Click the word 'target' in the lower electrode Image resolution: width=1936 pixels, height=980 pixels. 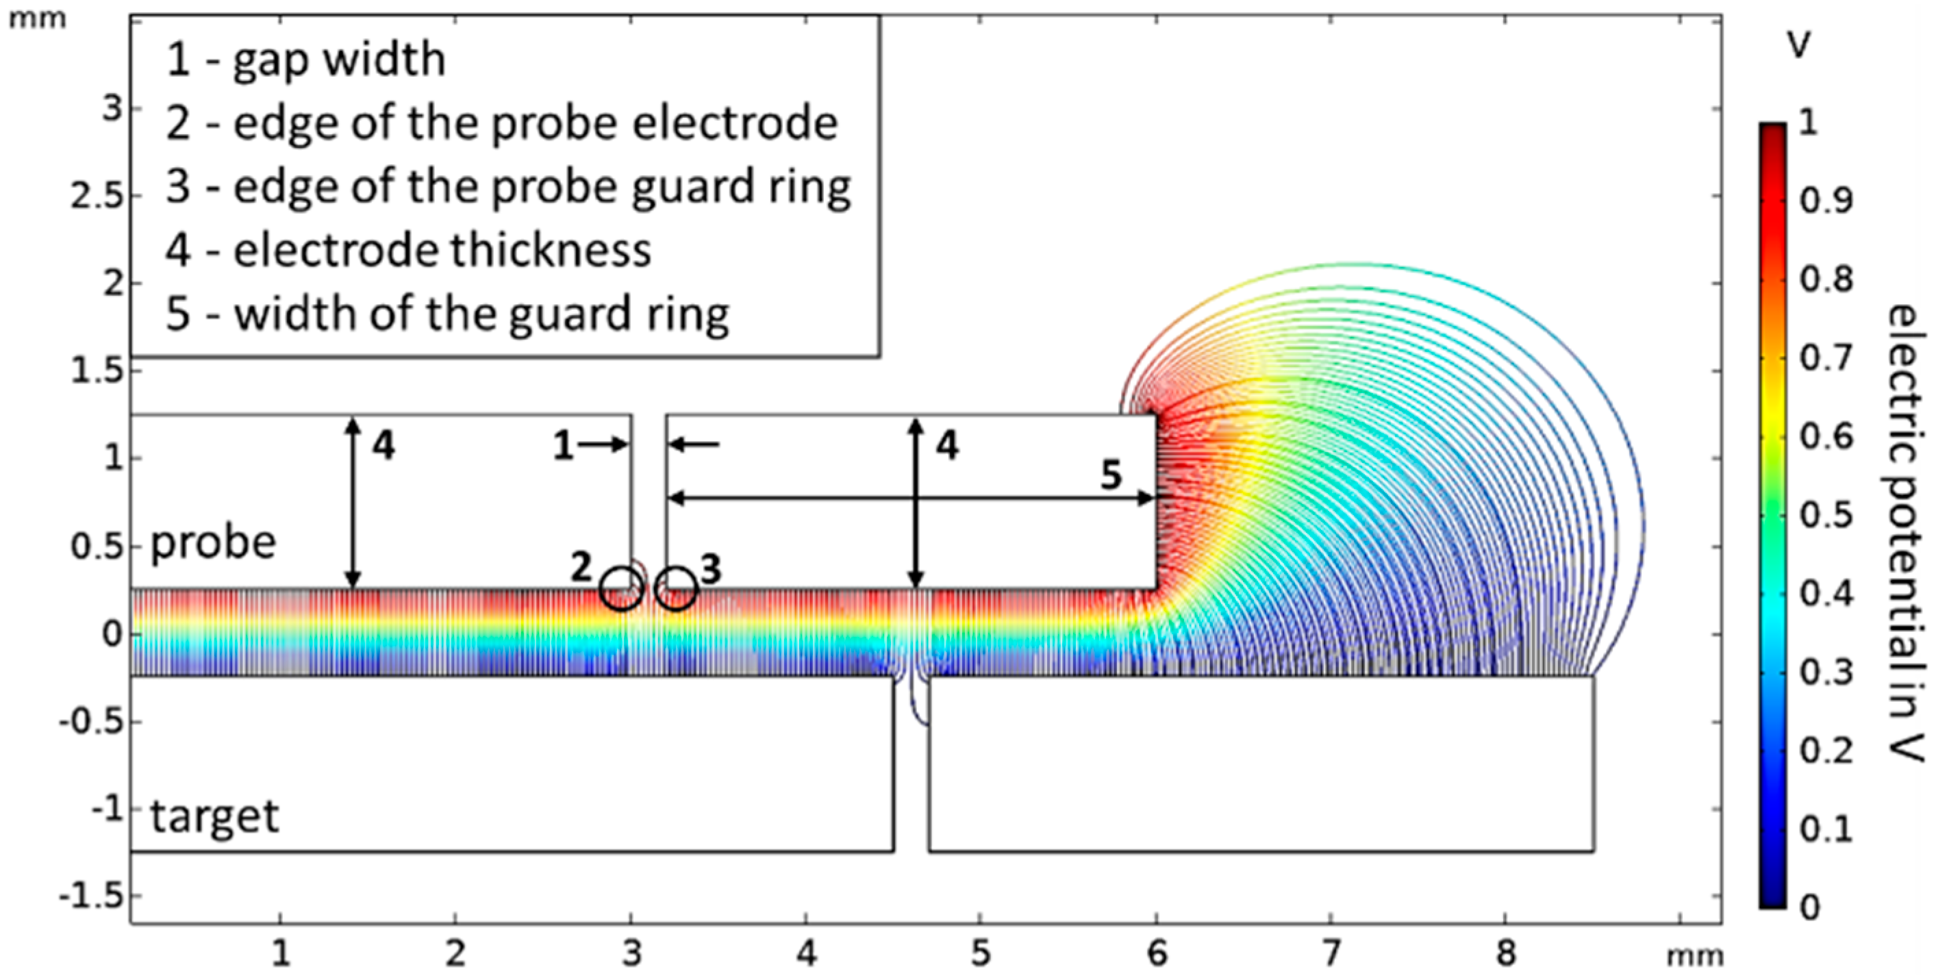215,817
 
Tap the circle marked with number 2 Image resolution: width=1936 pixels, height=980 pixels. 622,589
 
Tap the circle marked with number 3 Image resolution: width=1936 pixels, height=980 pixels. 677,589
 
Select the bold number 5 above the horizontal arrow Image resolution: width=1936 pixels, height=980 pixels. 1111,475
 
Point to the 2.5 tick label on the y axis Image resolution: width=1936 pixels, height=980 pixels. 95,196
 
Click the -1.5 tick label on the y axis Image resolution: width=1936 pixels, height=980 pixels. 90,896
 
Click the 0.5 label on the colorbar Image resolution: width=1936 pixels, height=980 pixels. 1826,516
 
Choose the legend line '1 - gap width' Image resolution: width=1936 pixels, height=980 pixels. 306,60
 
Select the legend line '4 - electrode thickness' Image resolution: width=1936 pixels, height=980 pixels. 408,250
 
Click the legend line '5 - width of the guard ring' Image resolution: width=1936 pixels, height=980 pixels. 447,314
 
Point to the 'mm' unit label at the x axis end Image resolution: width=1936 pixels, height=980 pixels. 1694,956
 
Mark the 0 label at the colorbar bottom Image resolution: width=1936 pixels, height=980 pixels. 1811,908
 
